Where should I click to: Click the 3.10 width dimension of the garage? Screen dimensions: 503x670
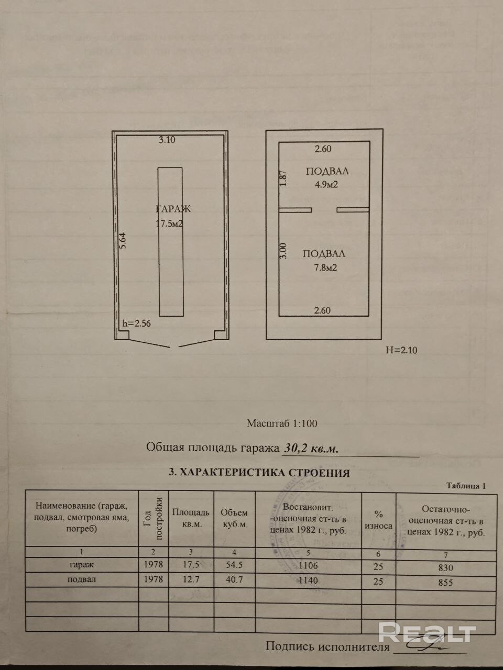pos(167,140)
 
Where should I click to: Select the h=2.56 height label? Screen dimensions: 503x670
pos(136,323)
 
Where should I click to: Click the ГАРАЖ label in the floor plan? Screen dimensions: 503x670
pos(173,209)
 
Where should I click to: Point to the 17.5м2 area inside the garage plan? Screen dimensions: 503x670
pos(169,224)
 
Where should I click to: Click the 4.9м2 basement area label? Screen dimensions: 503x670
pos(325,184)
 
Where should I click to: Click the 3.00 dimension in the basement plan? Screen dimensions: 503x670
pos(283,250)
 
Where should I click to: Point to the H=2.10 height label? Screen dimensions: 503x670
pos(401,350)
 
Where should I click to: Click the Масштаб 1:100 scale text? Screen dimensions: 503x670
pos(282,424)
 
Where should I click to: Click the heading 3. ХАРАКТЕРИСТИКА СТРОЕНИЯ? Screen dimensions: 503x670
pos(259,473)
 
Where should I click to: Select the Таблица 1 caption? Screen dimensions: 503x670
pos(466,486)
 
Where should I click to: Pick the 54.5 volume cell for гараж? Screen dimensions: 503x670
pos(234,565)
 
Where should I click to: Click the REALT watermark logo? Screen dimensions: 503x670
pos(427,632)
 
